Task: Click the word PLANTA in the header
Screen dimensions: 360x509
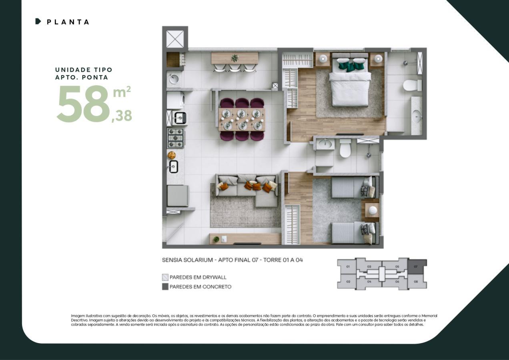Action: [x=68, y=22]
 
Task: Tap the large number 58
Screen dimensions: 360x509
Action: [x=83, y=104]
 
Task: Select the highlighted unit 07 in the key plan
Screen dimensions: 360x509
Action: [x=417, y=266]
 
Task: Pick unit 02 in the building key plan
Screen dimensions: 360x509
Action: [x=348, y=282]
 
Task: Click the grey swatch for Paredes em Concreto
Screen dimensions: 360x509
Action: [x=165, y=287]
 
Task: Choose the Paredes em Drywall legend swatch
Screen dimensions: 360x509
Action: [x=165, y=277]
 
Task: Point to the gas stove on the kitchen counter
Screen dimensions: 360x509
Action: [x=175, y=138]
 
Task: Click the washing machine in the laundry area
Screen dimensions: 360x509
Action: [x=176, y=100]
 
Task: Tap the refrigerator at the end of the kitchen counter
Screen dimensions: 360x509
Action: [x=177, y=196]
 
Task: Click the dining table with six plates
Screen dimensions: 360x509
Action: [x=241, y=119]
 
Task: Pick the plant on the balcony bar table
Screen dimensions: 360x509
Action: [x=234, y=58]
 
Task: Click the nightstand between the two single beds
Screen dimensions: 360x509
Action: [x=372, y=210]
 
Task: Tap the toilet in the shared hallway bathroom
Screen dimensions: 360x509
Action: [x=345, y=149]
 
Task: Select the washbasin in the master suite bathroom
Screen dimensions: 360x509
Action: [x=416, y=116]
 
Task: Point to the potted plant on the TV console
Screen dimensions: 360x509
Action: [x=216, y=239]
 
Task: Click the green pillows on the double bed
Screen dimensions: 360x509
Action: [x=351, y=65]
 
